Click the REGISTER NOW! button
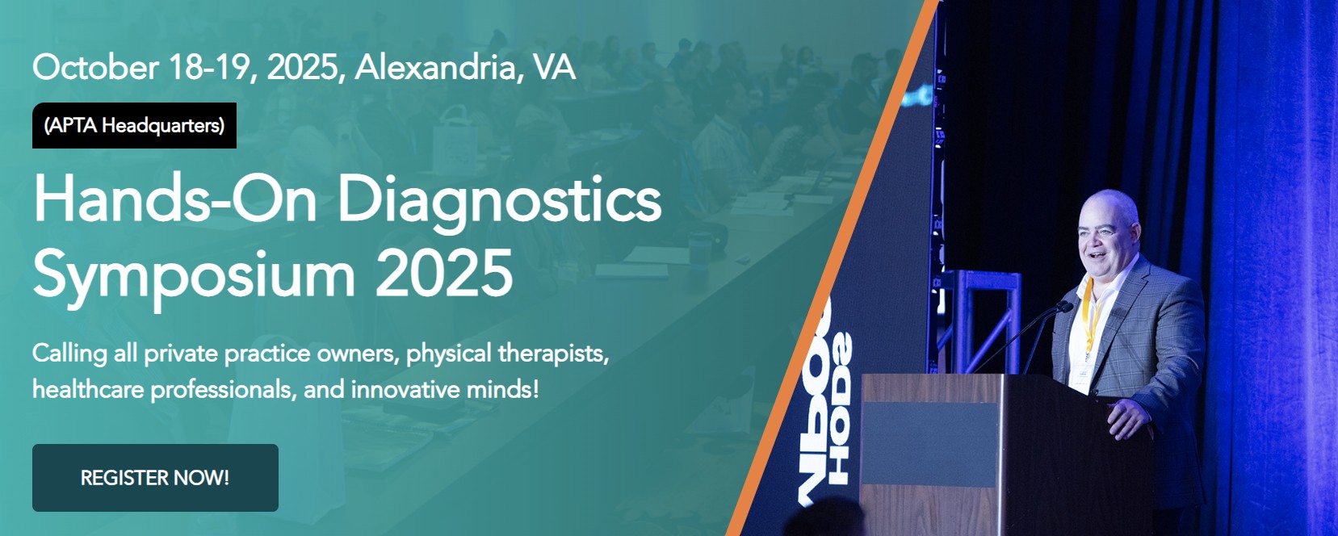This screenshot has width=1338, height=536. click(x=155, y=478)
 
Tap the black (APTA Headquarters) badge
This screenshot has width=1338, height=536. click(x=134, y=125)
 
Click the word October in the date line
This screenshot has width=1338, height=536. click(x=95, y=67)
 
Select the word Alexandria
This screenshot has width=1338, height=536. click(x=435, y=67)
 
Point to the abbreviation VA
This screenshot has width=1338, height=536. click(x=554, y=67)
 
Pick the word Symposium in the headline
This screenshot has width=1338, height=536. click(x=194, y=274)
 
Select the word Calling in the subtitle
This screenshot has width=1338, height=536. click(x=69, y=354)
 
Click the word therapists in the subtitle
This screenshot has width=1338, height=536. click(x=554, y=354)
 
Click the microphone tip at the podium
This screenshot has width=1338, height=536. click(x=1063, y=306)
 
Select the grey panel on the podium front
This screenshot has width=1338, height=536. click(x=929, y=444)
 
